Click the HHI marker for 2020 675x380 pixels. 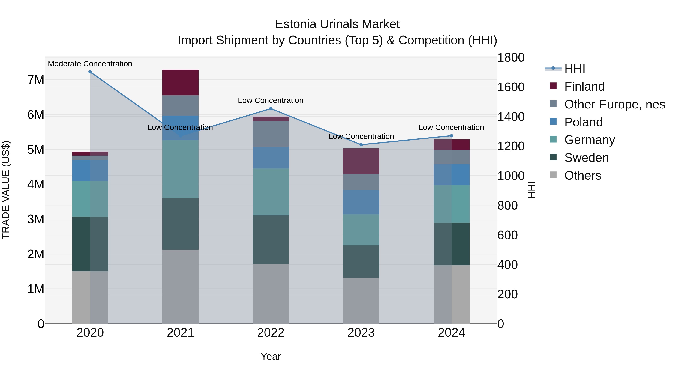coord(90,72)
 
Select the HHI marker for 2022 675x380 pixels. coord(271,109)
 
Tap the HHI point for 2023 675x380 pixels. coord(361,145)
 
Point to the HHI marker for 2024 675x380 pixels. coord(451,136)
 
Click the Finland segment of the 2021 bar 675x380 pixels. coord(180,82)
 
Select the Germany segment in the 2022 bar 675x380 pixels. coord(271,192)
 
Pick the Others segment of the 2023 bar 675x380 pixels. coord(361,301)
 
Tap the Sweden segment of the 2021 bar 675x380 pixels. coord(180,223)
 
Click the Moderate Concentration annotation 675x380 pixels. coord(90,64)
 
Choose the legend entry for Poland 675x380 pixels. coord(583,122)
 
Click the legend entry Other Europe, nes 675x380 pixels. coord(614,104)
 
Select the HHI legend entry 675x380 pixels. coord(574,69)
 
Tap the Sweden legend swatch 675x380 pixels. coord(553,157)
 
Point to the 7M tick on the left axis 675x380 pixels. coord(36,80)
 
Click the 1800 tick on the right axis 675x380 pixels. coord(510,57)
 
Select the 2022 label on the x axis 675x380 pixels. coord(271,333)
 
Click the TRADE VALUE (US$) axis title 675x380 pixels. coord(6,190)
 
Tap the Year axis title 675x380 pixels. coord(271,356)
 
